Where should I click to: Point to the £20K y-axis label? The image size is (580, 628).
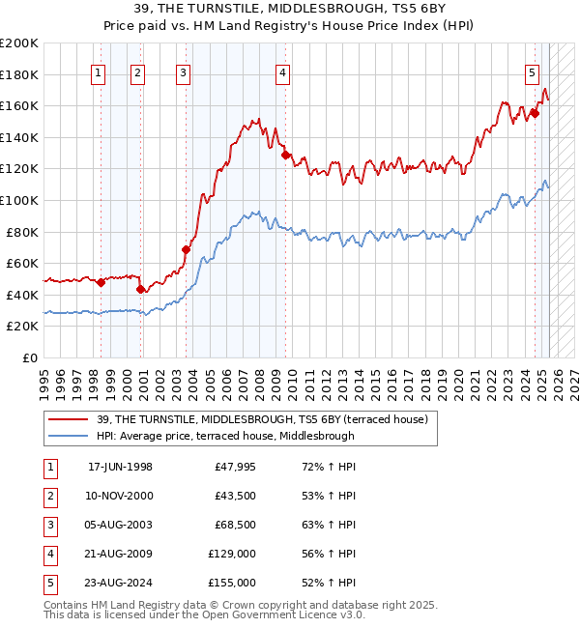point(22,327)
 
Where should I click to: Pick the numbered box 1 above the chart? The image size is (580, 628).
point(99,71)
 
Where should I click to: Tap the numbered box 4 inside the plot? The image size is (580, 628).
point(282,71)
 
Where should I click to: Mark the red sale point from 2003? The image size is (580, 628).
point(186,249)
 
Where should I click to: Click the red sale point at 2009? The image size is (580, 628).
point(285,154)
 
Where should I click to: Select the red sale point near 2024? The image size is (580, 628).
point(535,113)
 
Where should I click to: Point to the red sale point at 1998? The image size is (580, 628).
point(101,282)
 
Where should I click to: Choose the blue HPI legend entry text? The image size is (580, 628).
point(225,436)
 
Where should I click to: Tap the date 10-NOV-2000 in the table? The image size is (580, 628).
point(120,496)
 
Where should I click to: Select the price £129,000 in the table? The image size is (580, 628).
point(232,554)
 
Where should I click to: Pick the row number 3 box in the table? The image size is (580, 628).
point(49,525)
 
